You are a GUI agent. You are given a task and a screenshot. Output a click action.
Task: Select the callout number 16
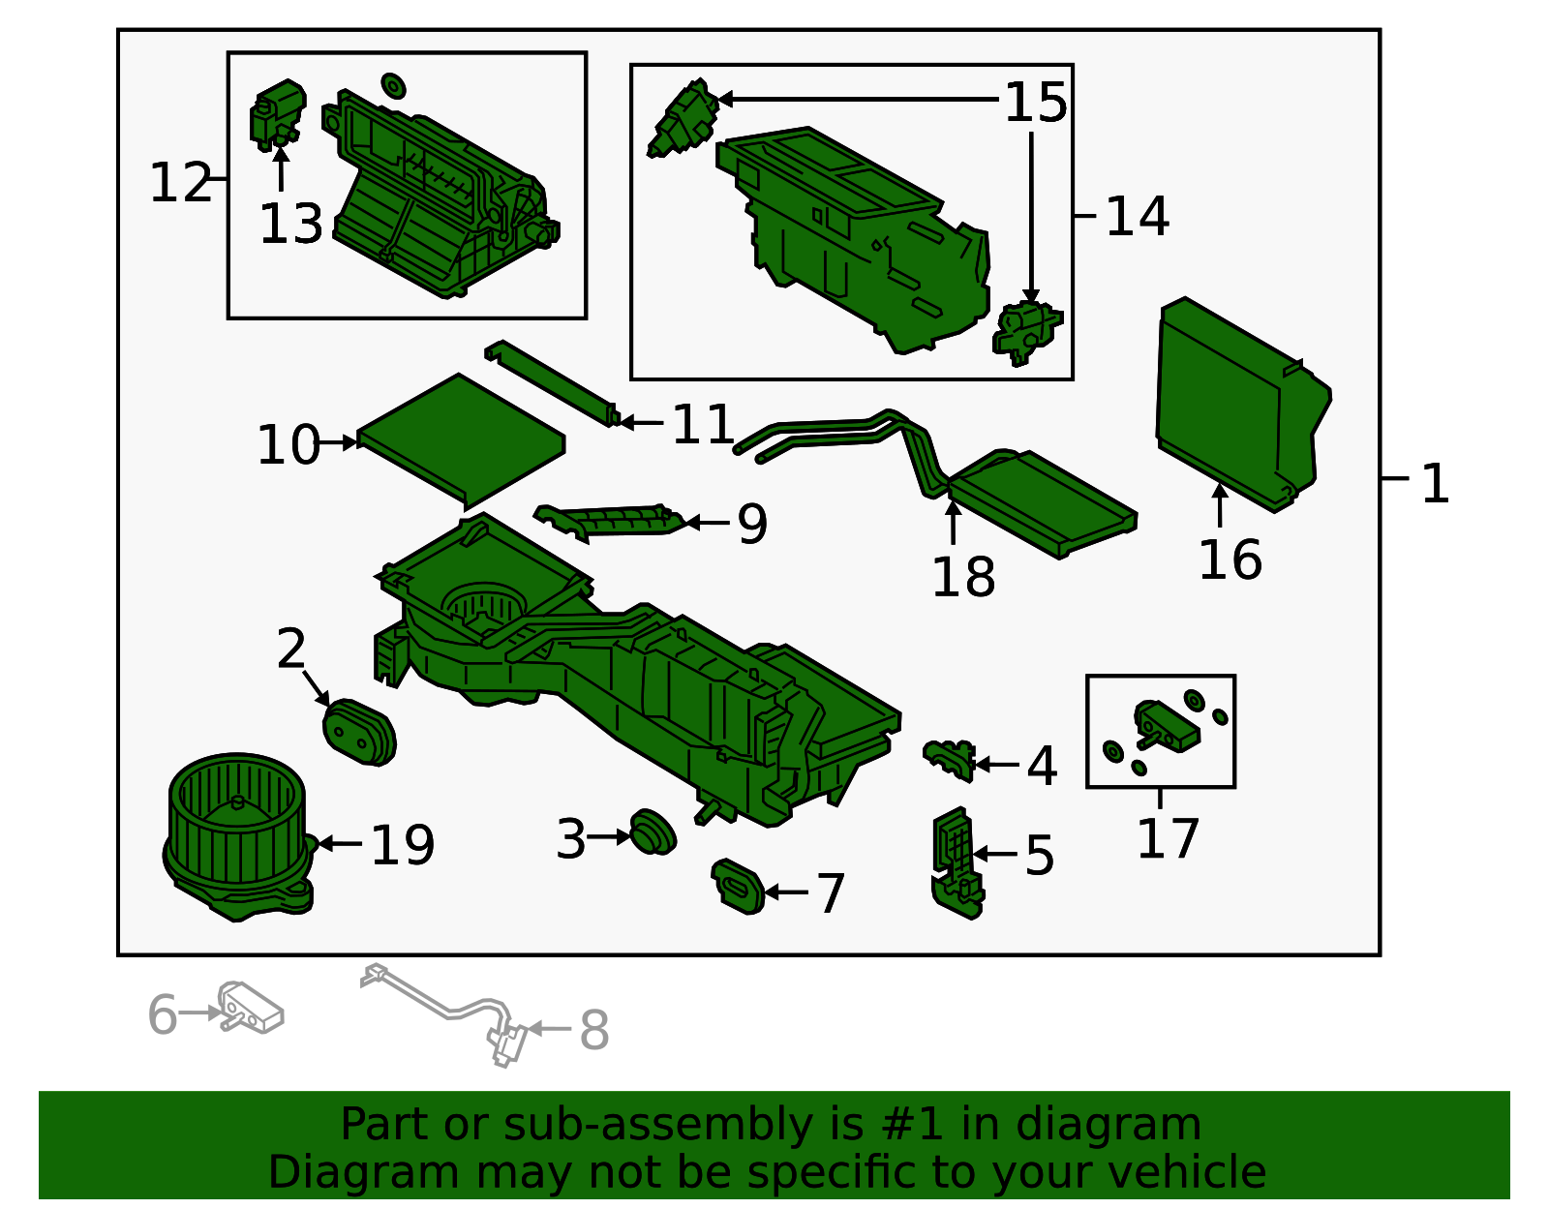pyautogui.click(x=1230, y=559)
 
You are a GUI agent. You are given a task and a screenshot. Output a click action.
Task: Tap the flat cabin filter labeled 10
pyautogui.click(x=461, y=440)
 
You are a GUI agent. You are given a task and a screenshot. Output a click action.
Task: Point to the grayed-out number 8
pyautogui.click(x=593, y=1030)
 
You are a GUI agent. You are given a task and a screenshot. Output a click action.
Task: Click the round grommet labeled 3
pyautogui.click(x=653, y=831)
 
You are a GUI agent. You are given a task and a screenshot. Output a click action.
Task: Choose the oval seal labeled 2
pyautogui.click(x=359, y=733)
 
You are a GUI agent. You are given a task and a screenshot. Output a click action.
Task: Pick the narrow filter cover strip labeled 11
pyautogui.click(x=552, y=383)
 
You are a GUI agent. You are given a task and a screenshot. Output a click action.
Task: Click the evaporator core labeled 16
pyautogui.click(x=1242, y=404)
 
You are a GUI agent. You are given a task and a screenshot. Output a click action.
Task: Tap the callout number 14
pyautogui.click(x=1137, y=217)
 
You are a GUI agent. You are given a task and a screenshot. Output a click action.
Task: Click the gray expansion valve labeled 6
pyautogui.click(x=251, y=1007)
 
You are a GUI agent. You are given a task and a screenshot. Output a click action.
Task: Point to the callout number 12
pyautogui.click(x=180, y=183)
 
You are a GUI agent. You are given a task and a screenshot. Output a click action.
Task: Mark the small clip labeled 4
pyautogui.click(x=949, y=760)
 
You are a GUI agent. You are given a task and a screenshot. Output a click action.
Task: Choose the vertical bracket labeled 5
pyautogui.click(x=957, y=862)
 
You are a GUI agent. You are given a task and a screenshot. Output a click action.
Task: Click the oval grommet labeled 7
pyautogui.click(x=738, y=887)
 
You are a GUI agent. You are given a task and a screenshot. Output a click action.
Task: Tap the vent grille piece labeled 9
pyautogui.click(x=610, y=523)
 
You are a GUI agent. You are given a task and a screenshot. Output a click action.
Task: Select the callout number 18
pyautogui.click(x=962, y=577)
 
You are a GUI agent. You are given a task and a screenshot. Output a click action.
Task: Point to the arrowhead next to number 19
pyautogui.click(x=324, y=843)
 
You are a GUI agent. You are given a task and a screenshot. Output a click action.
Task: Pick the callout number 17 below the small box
pyautogui.click(x=1168, y=839)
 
